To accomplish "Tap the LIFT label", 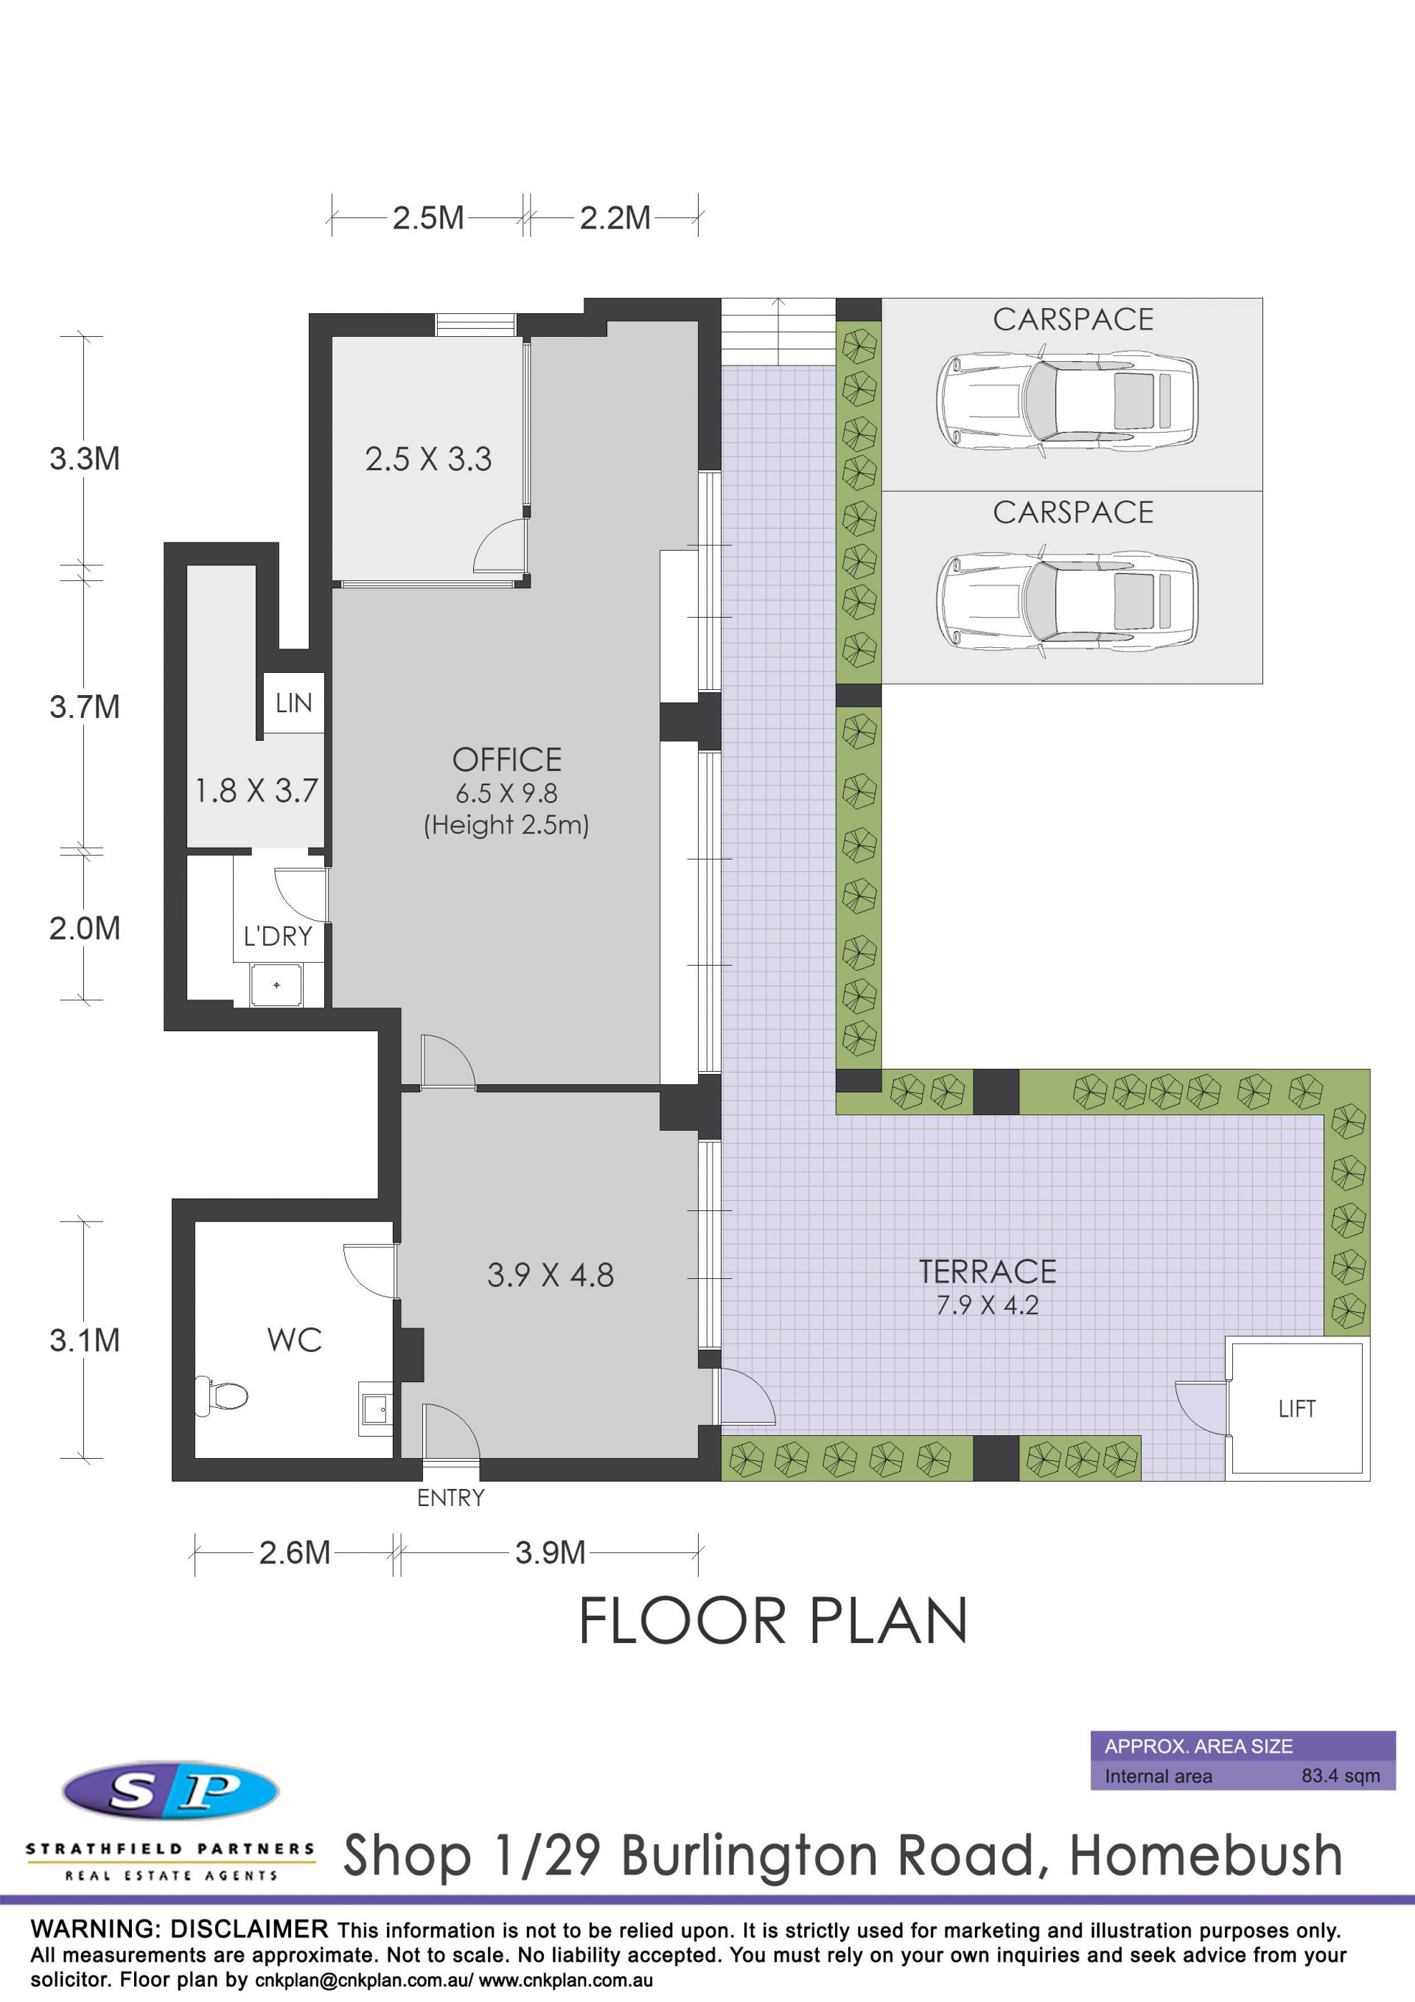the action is point(1296,1408).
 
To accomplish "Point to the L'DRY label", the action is point(277,935).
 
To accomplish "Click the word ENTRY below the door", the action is point(451,1498).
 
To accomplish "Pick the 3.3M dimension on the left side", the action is point(85,458).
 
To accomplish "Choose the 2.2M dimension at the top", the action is point(615,218).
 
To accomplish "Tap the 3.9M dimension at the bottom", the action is point(550,1552).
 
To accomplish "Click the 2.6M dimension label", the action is point(295,1552).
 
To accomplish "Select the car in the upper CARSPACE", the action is point(1067,401).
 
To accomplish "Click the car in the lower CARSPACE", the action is point(1067,600).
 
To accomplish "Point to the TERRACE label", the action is point(987,1272).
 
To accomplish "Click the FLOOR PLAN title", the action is point(773,1621).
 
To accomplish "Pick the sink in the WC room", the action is point(375,1408).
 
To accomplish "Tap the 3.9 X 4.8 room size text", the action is point(550,1274).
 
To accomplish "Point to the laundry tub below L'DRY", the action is point(276,985).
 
